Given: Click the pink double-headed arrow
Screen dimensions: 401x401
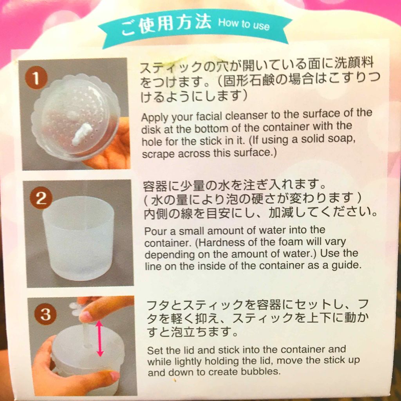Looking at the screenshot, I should point(100,339).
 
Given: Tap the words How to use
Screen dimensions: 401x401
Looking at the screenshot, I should point(244,24).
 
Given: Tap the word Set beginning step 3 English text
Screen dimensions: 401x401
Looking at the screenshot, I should point(154,350).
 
